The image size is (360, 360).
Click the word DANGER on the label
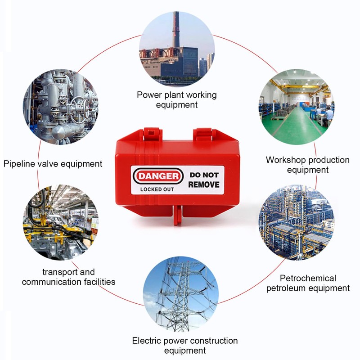(x=158, y=176)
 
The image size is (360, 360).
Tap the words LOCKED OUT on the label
(x=157, y=189)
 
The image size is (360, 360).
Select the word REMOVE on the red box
(x=204, y=184)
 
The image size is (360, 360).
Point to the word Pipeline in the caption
(x=19, y=164)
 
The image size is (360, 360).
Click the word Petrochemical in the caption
(x=308, y=279)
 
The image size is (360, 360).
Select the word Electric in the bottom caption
(x=147, y=341)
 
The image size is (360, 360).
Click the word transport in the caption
(x=60, y=272)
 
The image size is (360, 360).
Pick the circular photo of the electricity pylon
(x=181, y=294)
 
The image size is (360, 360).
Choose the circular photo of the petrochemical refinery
(x=297, y=222)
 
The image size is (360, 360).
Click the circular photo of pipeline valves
(x=61, y=107)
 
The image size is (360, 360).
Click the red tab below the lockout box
(x=177, y=216)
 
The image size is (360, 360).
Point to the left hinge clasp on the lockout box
(x=152, y=134)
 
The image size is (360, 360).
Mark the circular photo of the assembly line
(x=61, y=222)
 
